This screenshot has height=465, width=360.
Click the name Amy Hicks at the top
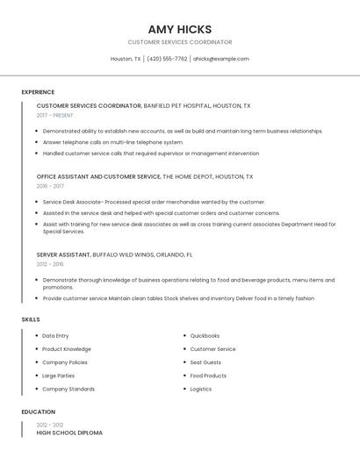(180, 29)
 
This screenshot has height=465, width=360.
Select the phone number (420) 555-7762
(167, 59)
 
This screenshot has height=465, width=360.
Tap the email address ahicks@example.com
(220, 59)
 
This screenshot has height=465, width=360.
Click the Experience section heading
(38, 92)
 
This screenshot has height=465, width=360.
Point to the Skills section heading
(31, 319)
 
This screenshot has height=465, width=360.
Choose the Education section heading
(39, 411)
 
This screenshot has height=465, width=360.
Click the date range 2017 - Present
(55, 115)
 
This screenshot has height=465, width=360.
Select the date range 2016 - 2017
(50, 186)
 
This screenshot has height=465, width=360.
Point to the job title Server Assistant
(63, 254)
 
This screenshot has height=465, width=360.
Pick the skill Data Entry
(55, 336)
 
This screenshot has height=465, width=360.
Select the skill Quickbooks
(205, 336)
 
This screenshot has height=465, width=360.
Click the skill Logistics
(201, 389)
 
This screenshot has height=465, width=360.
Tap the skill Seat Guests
(205, 362)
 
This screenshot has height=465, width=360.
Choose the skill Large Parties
(58, 376)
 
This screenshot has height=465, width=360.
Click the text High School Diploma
(69, 433)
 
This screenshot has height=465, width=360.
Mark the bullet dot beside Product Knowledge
(36, 349)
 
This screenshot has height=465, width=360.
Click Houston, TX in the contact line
(126, 59)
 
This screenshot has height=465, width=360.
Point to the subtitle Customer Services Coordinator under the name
(180, 42)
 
